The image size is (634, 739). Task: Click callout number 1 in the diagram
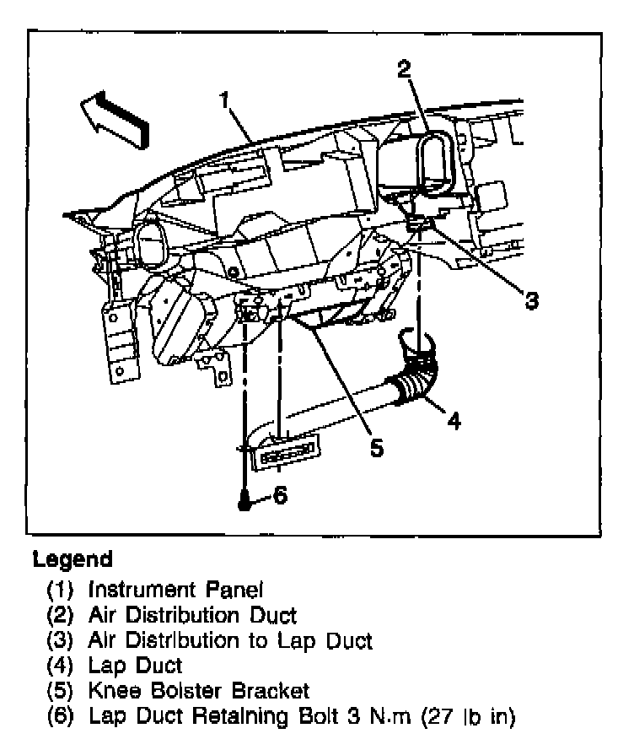[x=225, y=101]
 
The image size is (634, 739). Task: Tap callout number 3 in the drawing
[x=531, y=299]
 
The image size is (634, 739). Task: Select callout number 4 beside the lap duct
[x=454, y=419]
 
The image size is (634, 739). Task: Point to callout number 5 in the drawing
[x=376, y=447]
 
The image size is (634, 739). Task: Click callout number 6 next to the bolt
[x=280, y=495]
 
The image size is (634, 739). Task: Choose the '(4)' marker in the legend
[x=63, y=666]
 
